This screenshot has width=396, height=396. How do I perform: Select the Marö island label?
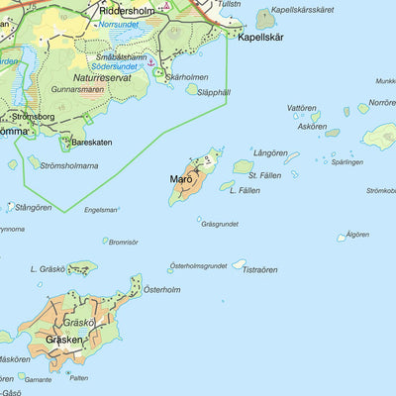tap(180, 180)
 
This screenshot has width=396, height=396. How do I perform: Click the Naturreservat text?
tap(102, 76)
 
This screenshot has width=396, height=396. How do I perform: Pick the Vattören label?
tap(301, 108)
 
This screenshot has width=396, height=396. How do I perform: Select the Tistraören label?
tap(260, 269)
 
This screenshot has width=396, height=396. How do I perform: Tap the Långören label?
tap(269, 153)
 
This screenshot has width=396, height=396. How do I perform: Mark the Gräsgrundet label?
tap(219, 224)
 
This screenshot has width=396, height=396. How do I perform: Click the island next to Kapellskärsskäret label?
tap(264, 18)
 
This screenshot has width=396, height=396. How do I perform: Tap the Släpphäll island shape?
tap(192, 89)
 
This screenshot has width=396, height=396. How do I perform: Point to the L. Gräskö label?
tap(48, 268)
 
